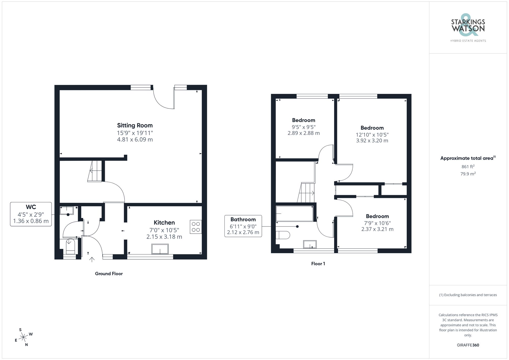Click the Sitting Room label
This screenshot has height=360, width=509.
(x=135, y=125)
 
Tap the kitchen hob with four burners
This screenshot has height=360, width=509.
(x=196, y=227)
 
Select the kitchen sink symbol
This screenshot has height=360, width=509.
(x=160, y=249)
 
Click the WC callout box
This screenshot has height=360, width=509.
(x=31, y=214)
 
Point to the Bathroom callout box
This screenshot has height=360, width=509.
(x=243, y=226)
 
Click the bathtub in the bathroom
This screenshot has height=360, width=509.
(x=295, y=213)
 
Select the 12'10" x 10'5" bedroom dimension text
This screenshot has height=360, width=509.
(x=372, y=135)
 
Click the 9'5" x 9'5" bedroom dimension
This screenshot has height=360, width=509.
(x=304, y=127)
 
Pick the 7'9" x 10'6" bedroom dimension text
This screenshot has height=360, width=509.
(x=377, y=223)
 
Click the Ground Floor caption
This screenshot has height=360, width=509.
(x=109, y=273)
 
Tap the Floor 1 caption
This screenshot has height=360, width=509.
(x=318, y=264)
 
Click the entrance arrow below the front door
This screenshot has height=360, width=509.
(x=92, y=259)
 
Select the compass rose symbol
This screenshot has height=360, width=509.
(x=24, y=337)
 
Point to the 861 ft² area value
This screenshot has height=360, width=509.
(x=468, y=167)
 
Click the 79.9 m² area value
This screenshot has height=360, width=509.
(x=468, y=174)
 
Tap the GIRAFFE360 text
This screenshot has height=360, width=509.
(x=468, y=345)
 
